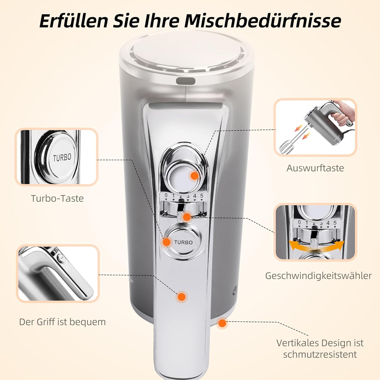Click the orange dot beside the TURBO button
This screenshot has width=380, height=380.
(167, 242)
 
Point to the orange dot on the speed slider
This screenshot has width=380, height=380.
(187, 217)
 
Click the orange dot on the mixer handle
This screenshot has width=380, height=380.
(181, 297)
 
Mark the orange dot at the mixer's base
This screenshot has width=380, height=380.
(222, 323)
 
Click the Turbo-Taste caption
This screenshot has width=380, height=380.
(57, 198)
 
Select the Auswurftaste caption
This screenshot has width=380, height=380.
(315, 168)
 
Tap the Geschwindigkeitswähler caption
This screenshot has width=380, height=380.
(318, 276)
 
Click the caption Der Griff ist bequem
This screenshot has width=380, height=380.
(62, 322)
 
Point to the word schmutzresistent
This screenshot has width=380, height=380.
(320, 354)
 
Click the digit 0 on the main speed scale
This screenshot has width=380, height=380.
(166, 196)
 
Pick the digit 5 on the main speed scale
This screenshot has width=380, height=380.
(202, 196)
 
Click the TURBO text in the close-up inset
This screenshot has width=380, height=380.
(62, 157)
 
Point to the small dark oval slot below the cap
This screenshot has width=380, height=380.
(186, 81)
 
